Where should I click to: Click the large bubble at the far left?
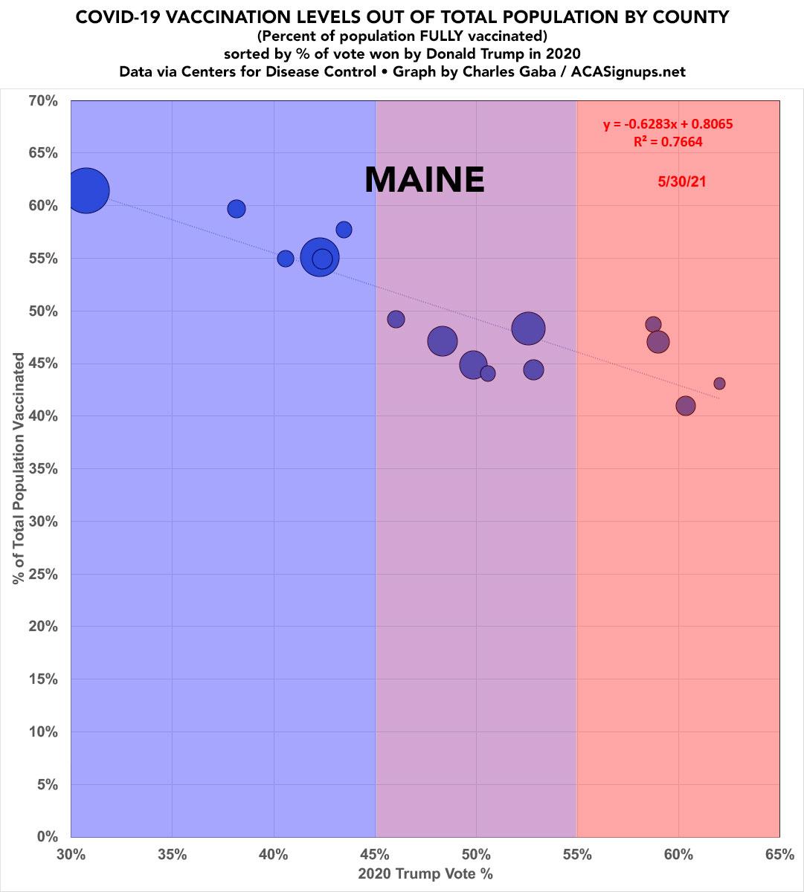pos(86,191)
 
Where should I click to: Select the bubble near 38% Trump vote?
pos(237,209)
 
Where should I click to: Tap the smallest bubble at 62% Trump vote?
pos(719,384)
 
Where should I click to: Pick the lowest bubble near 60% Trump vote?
pos(686,406)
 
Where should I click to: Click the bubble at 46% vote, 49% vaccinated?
pos(396,319)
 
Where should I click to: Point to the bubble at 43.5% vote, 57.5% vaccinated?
pos(344,230)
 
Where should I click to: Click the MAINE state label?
pos(424,180)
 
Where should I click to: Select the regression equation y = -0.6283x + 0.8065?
pos(668,125)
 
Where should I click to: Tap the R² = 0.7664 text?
pos(668,141)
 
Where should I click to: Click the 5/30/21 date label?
pos(681,181)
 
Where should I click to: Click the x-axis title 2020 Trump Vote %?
pos(425,874)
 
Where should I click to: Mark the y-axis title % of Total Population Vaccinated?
pos(19,468)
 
